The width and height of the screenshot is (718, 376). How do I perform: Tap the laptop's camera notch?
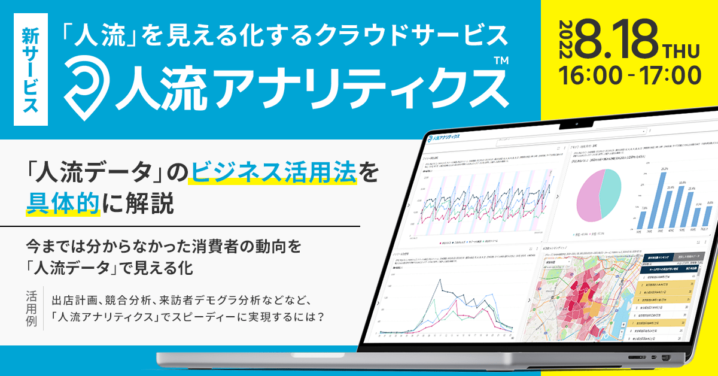click(577, 125)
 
